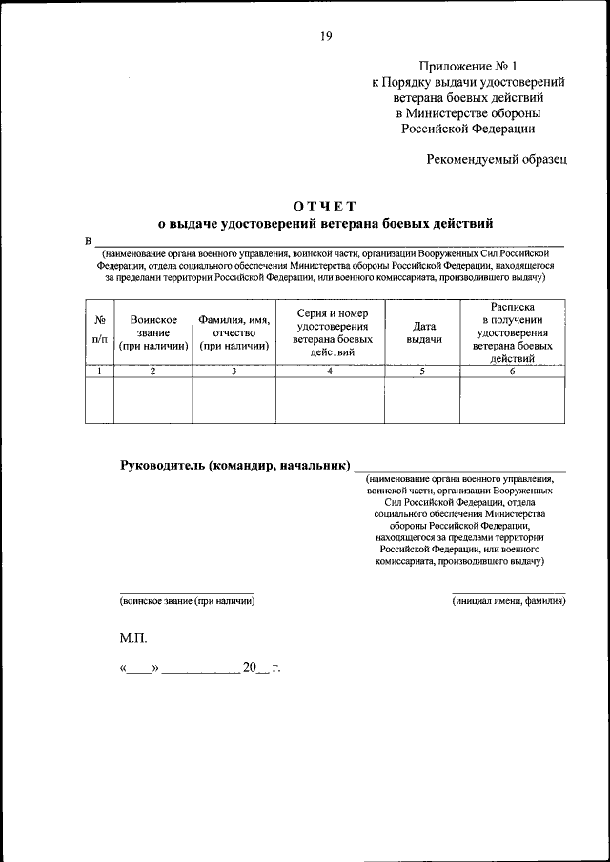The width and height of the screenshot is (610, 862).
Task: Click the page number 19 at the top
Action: point(326,36)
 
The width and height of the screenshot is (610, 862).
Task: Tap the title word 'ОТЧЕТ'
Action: point(325,207)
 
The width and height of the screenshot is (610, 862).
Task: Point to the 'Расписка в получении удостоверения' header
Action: point(512,332)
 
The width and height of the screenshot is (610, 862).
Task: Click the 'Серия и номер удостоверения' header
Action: point(331,332)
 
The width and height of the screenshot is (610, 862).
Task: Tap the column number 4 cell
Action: point(331,371)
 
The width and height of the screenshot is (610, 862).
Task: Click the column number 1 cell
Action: point(100,371)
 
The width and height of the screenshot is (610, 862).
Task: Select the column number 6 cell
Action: point(512,371)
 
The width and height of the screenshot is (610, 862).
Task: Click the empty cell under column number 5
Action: point(423,400)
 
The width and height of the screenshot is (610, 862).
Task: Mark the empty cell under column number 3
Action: point(234,400)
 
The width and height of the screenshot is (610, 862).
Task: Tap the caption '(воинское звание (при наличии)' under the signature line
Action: point(187,601)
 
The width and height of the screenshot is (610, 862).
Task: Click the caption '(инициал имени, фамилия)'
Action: point(508,601)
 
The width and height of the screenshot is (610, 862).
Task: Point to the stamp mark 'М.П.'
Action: point(133,637)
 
